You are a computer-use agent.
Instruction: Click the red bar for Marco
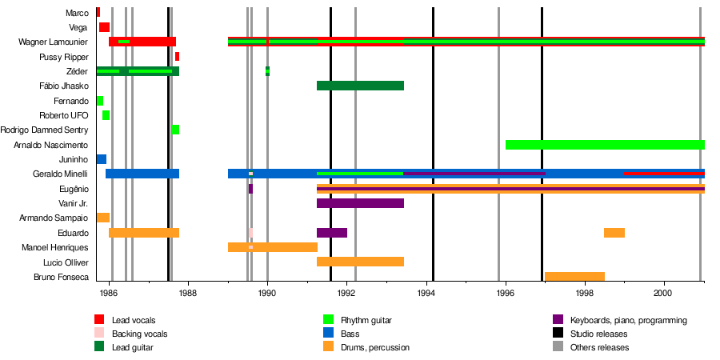98,12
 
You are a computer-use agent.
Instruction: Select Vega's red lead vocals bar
104,27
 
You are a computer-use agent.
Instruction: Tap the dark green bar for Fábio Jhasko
360,86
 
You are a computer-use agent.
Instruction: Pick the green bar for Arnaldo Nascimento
605,145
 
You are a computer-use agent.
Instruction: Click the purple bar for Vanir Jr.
360,203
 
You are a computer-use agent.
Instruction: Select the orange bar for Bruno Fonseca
574,277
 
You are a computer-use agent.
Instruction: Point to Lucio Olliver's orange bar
360,262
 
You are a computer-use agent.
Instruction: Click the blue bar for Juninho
102,159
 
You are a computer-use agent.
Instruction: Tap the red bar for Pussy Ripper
177,57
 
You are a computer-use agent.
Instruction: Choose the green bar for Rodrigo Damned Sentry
175,130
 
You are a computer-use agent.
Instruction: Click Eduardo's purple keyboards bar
332,233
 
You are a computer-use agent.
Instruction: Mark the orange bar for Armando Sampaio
103,218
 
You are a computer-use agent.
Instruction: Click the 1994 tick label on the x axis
426,292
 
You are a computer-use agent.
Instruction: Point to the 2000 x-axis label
664,292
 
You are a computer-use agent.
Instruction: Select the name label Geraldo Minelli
61,174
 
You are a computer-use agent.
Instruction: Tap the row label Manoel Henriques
55,248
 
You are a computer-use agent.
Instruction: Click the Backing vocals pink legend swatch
99,334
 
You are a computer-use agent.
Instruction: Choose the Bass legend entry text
350,334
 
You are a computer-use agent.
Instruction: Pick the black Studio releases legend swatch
558,334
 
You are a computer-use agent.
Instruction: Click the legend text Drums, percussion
374,348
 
